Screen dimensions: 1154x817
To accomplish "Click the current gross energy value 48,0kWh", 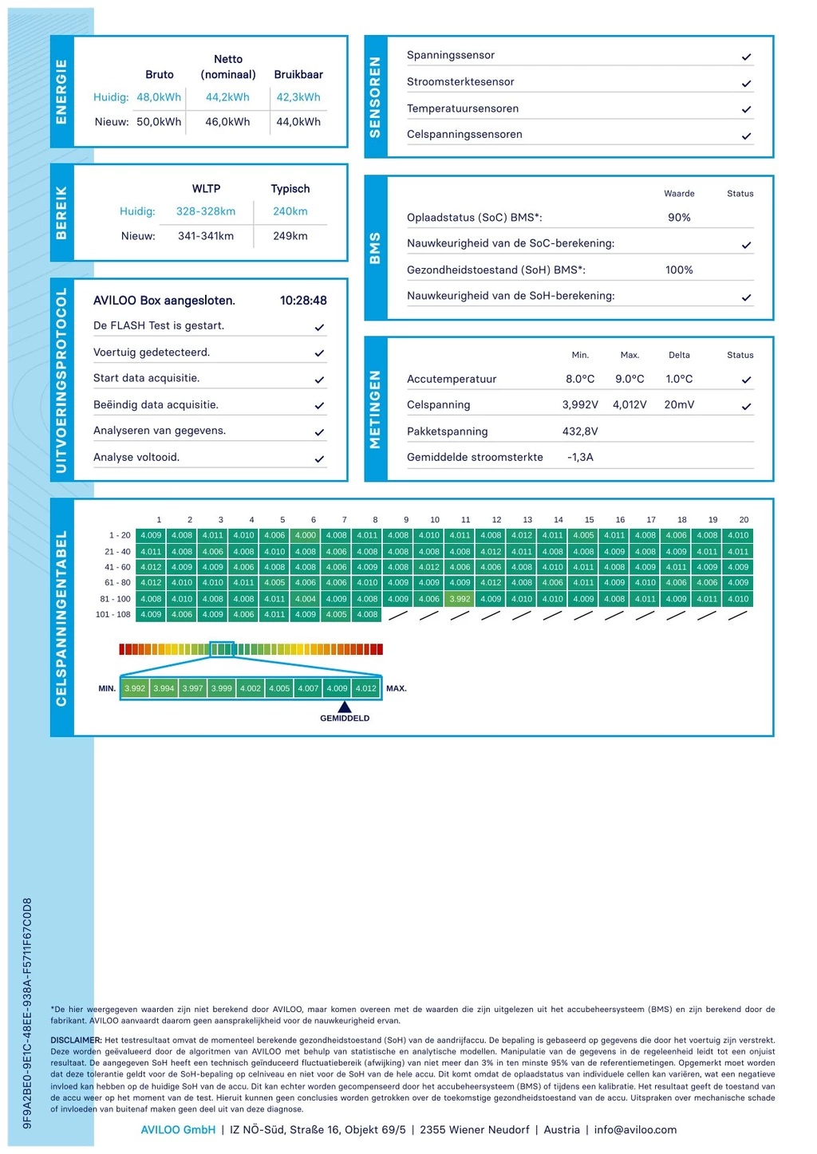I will [159, 97].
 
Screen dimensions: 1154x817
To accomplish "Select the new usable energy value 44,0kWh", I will [298, 122].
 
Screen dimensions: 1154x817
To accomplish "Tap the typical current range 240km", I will [290, 211].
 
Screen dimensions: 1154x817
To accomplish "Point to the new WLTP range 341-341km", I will [206, 236].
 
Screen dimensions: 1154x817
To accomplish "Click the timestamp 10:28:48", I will [303, 301].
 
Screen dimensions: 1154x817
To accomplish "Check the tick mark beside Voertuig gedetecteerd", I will [319, 353].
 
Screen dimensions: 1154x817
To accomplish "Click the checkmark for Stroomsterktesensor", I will [746, 83].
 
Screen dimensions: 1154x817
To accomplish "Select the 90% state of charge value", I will [679, 218].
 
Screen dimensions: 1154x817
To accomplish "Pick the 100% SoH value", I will [679, 270].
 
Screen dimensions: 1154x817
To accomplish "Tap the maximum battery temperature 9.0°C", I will [630, 379].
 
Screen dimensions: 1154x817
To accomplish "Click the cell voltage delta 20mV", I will [679, 405].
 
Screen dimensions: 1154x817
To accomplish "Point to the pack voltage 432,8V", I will [580, 431].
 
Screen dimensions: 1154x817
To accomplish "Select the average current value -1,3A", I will [580, 458].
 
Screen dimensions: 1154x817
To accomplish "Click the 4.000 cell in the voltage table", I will [306, 536].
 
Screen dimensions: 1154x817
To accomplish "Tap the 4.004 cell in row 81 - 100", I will [306, 599].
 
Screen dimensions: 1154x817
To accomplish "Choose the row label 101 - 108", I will [112, 615].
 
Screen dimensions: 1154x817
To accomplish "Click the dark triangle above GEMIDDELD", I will [345, 707].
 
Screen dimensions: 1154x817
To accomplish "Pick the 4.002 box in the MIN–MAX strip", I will [251, 688].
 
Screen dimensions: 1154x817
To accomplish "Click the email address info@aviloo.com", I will [635, 1129].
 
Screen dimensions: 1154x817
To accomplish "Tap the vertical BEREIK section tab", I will [61, 213].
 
